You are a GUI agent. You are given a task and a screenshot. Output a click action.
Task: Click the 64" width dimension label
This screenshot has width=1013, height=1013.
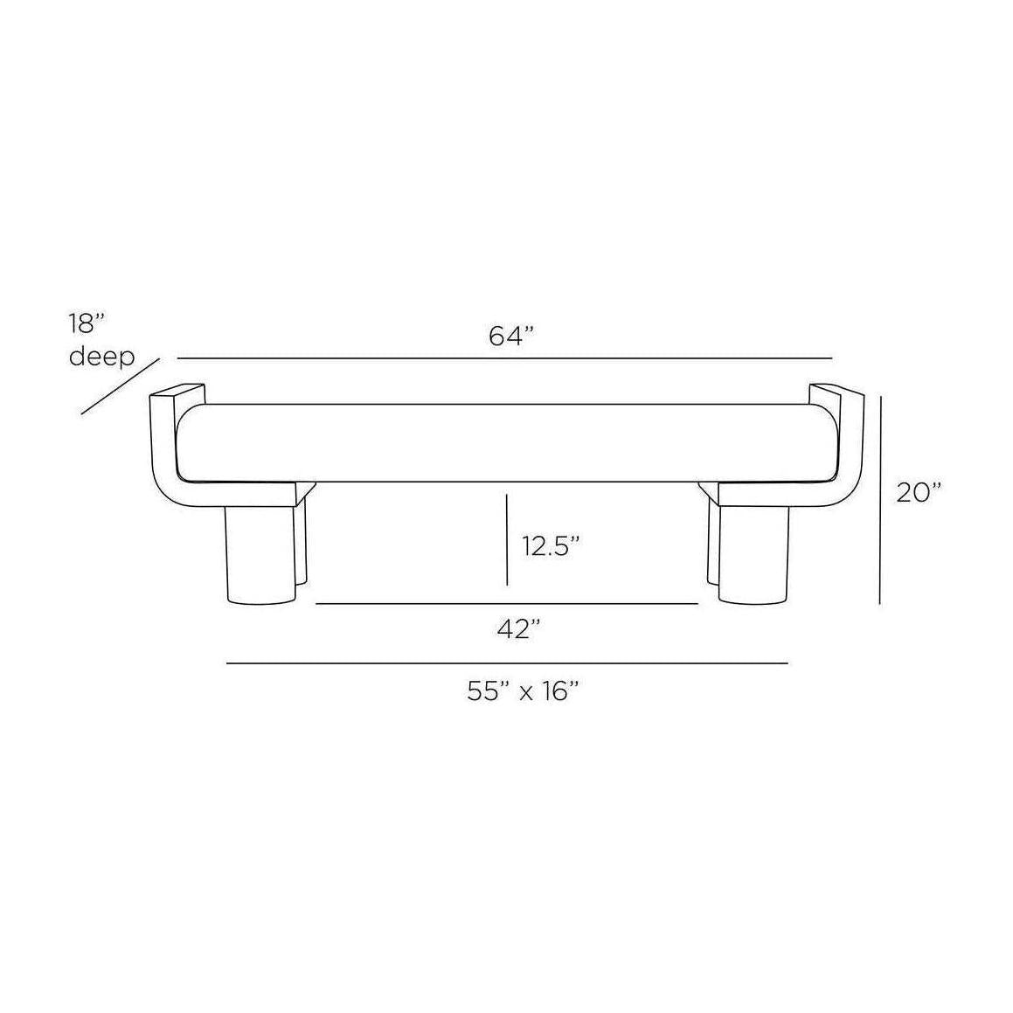(511, 337)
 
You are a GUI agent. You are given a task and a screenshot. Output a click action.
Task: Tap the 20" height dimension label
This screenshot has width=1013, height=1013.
(919, 493)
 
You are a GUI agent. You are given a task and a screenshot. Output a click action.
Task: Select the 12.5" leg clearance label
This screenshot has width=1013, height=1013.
(552, 547)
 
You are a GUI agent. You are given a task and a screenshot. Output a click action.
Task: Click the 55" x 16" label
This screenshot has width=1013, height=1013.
(524, 691)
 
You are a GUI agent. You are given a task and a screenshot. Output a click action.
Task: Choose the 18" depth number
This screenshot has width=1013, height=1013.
(88, 324)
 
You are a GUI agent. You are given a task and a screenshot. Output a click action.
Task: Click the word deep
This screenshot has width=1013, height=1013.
(102, 357)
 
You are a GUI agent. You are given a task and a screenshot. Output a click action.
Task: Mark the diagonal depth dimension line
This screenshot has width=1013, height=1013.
(121, 385)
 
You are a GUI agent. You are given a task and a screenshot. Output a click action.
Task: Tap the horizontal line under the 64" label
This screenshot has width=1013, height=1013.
(504, 358)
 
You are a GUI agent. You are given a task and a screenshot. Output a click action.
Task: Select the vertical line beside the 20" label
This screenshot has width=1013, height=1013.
(880, 498)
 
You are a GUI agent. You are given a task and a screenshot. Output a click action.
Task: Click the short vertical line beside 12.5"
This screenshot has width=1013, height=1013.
(507, 539)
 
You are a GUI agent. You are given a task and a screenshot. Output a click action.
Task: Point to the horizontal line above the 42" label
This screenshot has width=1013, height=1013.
(507, 604)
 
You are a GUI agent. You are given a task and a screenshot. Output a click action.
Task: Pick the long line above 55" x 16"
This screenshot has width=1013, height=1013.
(507, 663)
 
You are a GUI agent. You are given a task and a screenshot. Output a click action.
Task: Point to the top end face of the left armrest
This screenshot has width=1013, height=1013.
(177, 390)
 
